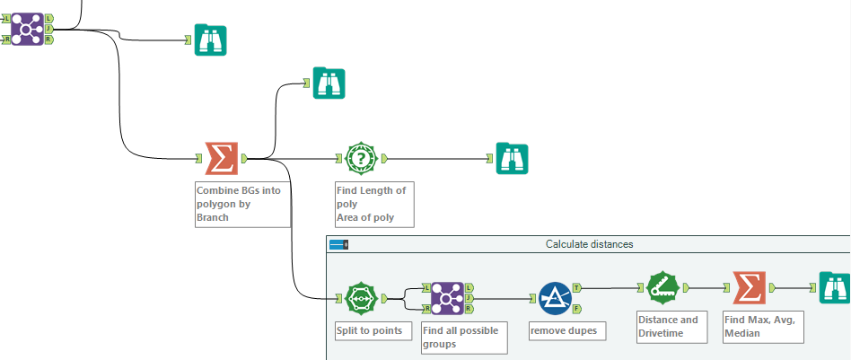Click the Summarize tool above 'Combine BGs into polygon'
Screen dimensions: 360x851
tap(221, 159)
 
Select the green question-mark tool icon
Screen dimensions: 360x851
tap(363, 159)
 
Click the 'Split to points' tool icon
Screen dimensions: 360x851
tap(363, 298)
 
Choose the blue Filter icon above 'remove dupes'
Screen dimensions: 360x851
tap(556, 298)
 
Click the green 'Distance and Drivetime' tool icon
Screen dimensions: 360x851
tap(663, 288)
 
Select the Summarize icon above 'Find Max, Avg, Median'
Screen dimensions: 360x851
tap(750, 288)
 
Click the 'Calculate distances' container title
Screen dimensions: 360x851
tap(588, 244)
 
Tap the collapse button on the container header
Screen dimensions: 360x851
tap(338, 244)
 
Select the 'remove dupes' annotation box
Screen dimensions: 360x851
tap(564, 331)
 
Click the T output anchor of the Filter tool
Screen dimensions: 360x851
tap(576, 287)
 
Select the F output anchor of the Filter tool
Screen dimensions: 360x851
tap(576, 309)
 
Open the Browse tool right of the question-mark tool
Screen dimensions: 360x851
tap(513, 159)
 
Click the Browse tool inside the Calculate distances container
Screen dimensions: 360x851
tap(834, 288)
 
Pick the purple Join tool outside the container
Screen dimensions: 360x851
tap(28, 29)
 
